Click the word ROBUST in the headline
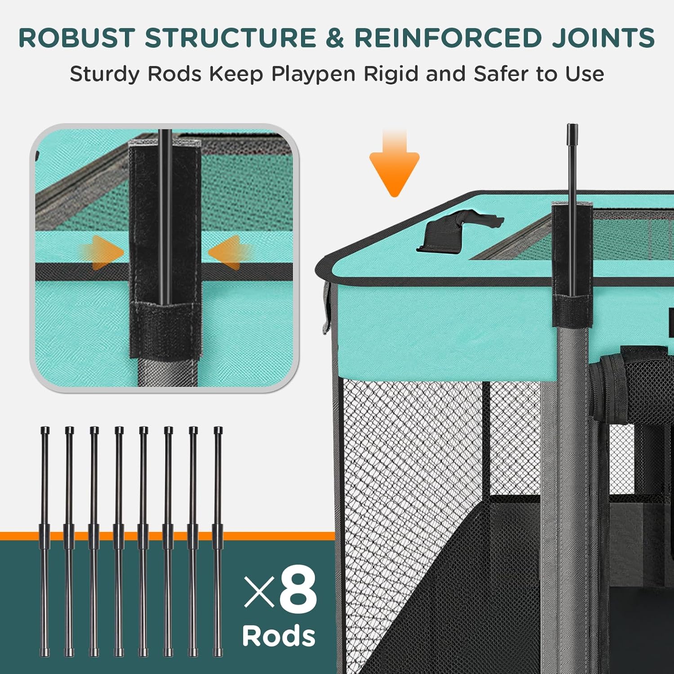(76, 38)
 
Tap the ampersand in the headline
(335, 38)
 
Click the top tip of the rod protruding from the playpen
(572, 128)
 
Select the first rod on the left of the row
(44, 539)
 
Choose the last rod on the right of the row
(218, 539)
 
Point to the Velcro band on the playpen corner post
(572, 310)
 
